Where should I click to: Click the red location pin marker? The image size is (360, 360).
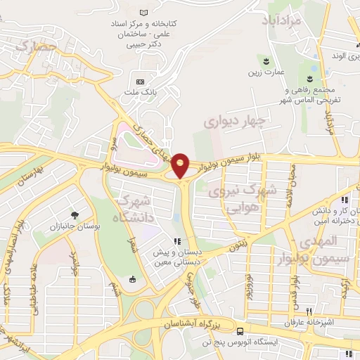click(181, 165)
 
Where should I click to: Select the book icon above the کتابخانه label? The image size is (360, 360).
click(144, 13)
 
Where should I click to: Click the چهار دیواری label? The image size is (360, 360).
click(236, 122)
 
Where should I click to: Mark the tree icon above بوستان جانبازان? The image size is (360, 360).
click(74, 214)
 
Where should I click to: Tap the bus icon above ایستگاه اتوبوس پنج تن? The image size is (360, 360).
click(241, 331)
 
